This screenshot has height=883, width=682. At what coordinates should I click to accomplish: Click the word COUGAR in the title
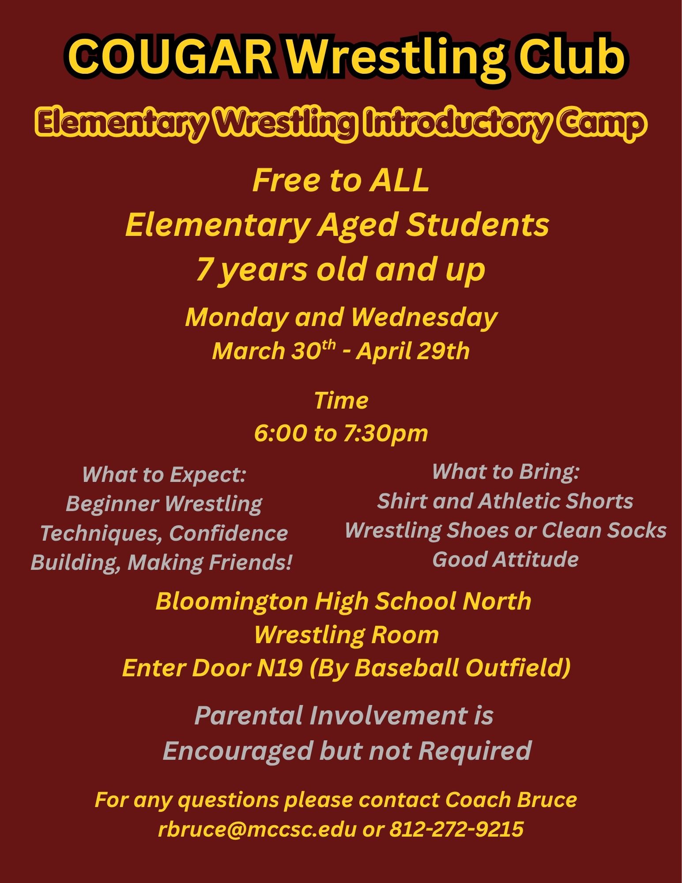pyautogui.click(x=170, y=56)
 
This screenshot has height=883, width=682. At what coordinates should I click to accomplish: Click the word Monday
pyautogui.click(x=236, y=318)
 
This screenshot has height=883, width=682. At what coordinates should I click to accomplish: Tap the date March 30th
pyautogui.click(x=274, y=351)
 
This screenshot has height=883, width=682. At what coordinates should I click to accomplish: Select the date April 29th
pyautogui.click(x=413, y=351)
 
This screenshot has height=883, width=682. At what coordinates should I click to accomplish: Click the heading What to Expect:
pyautogui.click(x=164, y=475)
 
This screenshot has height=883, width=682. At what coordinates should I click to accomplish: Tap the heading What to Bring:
pyautogui.click(x=505, y=471)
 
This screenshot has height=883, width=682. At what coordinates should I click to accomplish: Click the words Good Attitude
pyautogui.click(x=505, y=559)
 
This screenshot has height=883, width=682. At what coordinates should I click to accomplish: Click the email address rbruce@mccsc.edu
pyautogui.click(x=257, y=829)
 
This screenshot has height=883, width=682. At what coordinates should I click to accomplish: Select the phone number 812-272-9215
pyautogui.click(x=456, y=829)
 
